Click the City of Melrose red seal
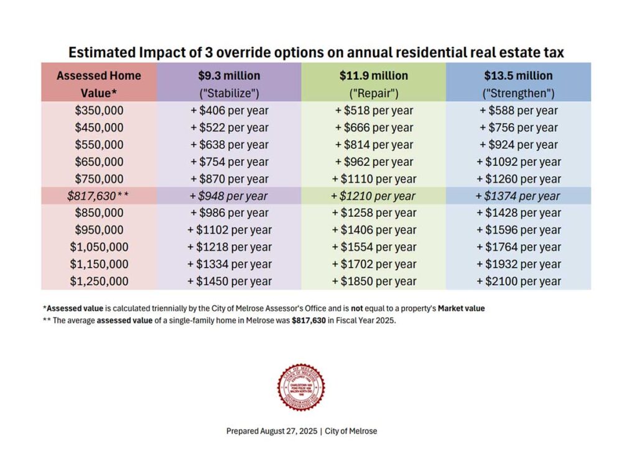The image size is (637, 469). tap(300, 387)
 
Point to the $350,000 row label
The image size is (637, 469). tap(99, 111)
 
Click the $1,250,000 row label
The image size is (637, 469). tap(99, 281)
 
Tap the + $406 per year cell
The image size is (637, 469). tap(229, 111)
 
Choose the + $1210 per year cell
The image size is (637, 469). tap(373, 196)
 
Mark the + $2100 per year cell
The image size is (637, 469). tap(518, 281)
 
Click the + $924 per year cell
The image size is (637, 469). tap(518, 145)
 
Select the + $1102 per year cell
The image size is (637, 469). tap(229, 230)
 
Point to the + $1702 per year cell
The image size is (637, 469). tap(373, 264)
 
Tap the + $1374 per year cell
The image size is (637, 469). tap(518, 196)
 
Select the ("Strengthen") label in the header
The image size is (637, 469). tap(518, 94)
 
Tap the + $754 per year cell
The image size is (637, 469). tap(229, 162)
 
